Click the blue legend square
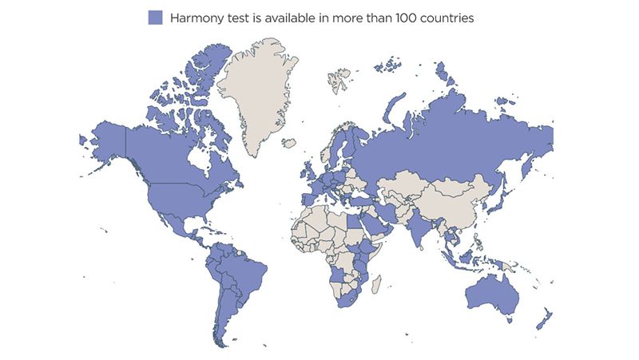pos(155,18)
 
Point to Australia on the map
pos(489,295)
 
